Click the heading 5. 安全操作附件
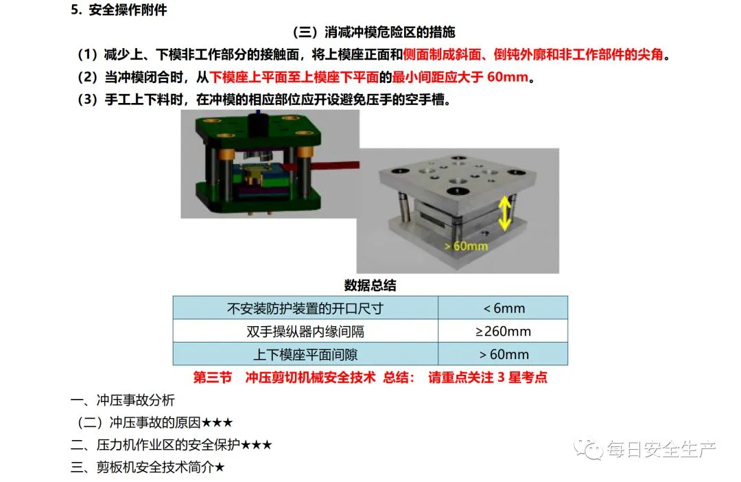(x=119, y=10)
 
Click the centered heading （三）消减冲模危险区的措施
(x=373, y=32)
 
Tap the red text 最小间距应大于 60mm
(x=460, y=77)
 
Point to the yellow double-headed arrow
(x=505, y=213)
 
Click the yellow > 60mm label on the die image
(x=466, y=246)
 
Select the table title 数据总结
(x=370, y=285)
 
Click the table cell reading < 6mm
(x=504, y=308)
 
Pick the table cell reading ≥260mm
(x=504, y=331)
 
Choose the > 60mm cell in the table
(x=504, y=354)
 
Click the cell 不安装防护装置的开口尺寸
(x=305, y=308)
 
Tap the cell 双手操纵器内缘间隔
(x=305, y=332)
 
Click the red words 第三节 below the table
(x=213, y=378)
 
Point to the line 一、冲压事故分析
(x=123, y=400)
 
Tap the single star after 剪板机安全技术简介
(x=220, y=468)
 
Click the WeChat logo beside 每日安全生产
(x=587, y=448)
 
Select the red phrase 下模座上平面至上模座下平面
(x=294, y=77)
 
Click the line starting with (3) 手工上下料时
(x=263, y=100)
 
